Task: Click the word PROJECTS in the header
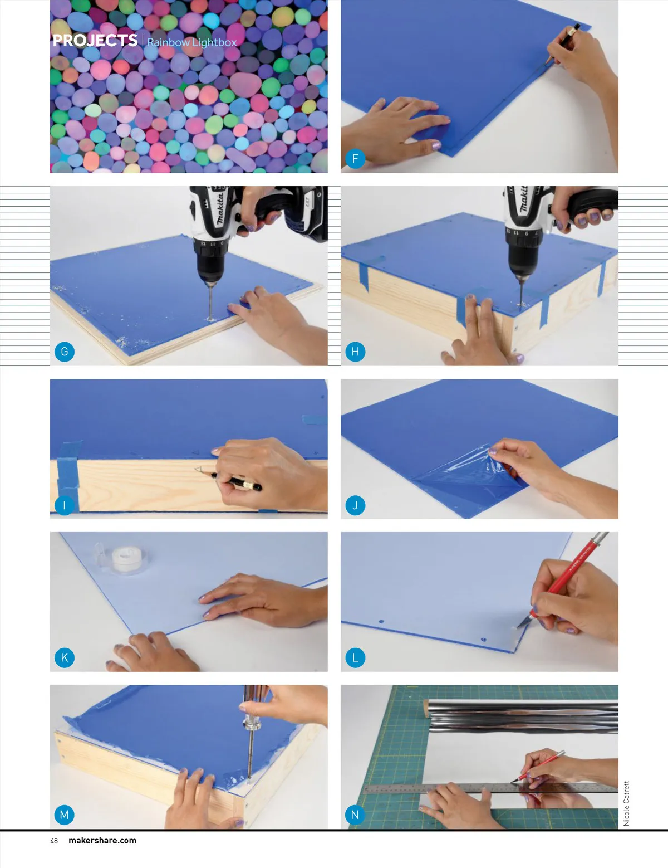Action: tap(95, 40)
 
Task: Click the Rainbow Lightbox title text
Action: tap(192, 42)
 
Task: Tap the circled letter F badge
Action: tap(355, 159)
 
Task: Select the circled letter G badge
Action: tap(64, 352)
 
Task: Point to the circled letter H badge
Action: tap(355, 352)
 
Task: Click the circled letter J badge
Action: tap(355, 505)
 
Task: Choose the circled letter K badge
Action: tap(64, 657)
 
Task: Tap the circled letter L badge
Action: tap(355, 657)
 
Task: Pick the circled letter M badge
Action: tap(64, 815)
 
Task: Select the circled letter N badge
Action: tap(355, 815)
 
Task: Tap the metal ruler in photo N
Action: tap(491, 788)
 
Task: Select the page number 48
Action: tap(54, 841)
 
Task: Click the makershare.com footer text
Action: tap(102, 841)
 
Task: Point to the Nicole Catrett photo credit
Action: tap(626, 803)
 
